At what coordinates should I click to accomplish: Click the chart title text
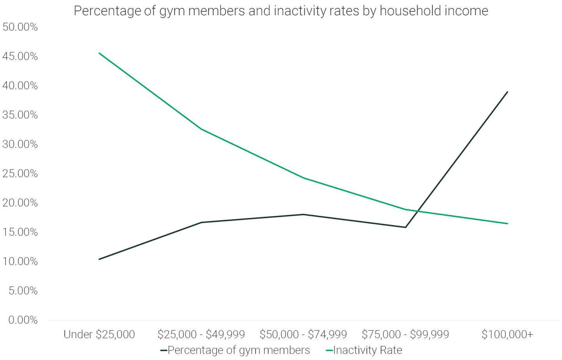tap(281, 11)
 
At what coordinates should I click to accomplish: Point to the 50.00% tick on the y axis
tap(20, 27)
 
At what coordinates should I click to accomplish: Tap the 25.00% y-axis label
tap(20, 173)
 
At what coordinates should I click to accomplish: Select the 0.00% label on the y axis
tap(23, 320)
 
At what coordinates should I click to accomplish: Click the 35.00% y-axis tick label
tap(20, 115)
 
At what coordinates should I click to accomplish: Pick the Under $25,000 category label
tap(99, 334)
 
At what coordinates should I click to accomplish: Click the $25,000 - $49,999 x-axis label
tap(201, 334)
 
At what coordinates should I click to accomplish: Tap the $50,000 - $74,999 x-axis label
tap(303, 334)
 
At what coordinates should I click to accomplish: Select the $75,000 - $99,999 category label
tap(405, 334)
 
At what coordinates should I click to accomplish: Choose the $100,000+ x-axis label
tap(507, 334)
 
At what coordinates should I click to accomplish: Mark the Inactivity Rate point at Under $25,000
tap(99, 53)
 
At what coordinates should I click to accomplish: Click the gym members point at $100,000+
tap(507, 92)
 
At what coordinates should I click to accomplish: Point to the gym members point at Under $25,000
tap(99, 259)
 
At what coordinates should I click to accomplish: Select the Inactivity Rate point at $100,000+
tap(507, 223)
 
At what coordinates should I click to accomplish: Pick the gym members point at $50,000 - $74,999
tap(303, 214)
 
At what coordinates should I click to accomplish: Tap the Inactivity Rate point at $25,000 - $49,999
tap(201, 129)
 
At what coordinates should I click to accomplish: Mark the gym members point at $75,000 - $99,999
tap(405, 227)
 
